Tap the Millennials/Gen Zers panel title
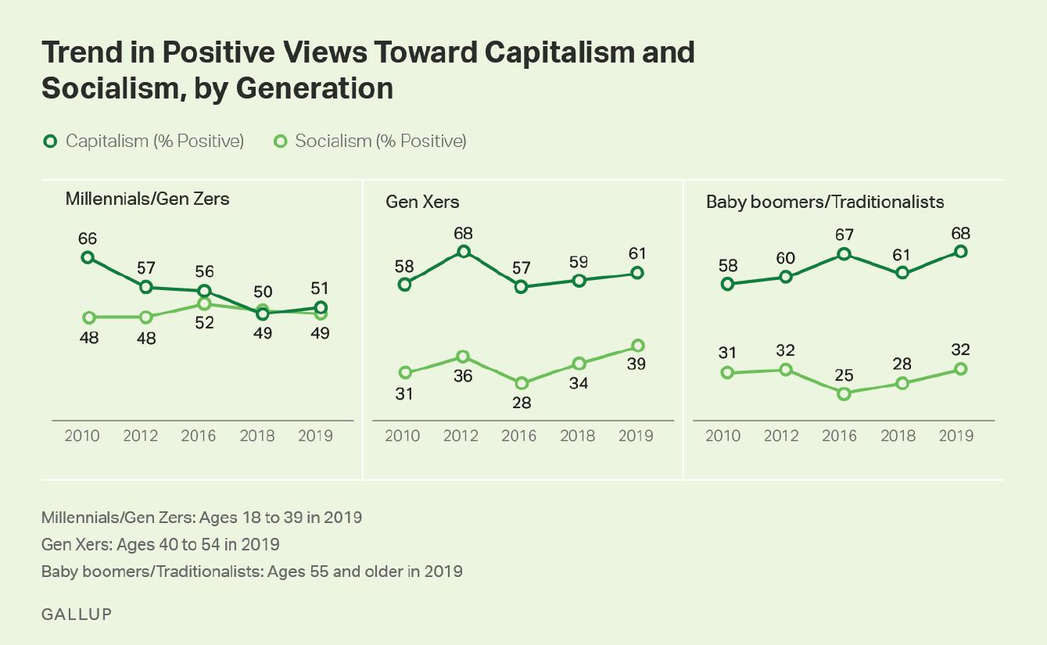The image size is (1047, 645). [x=147, y=199]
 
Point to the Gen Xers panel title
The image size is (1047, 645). [x=422, y=202]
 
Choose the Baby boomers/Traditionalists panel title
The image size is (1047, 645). [x=825, y=202]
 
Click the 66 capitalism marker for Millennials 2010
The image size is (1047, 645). [x=88, y=257]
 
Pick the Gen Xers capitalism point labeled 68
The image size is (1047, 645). [x=463, y=251]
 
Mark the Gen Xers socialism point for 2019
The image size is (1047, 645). [x=638, y=346]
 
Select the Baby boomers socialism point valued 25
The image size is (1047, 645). [x=844, y=394]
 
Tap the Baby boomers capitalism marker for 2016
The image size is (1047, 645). [x=844, y=254]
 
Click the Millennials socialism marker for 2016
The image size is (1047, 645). [x=204, y=303]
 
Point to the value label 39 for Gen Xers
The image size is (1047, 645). [x=637, y=365]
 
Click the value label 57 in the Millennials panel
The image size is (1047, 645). [x=145, y=268]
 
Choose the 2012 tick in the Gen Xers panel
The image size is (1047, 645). [x=461, y=435]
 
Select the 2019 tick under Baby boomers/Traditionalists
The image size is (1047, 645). [x=956, y=435]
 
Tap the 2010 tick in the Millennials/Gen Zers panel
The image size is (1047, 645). [x=82, y=435]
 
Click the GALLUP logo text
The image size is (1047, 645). [x=77, y=614]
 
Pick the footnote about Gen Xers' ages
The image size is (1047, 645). [x=160, y=544]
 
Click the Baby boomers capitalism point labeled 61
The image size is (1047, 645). [x=902, y=273]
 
